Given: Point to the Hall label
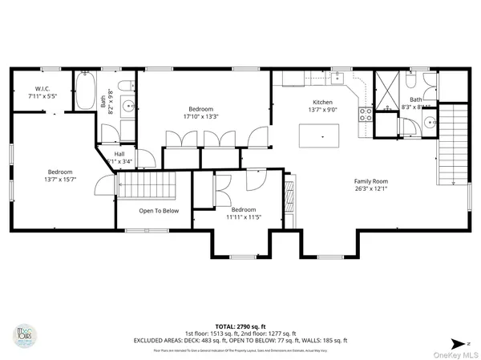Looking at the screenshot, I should click(119, 154).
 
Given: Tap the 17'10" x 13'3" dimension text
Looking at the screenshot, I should click(200, 115).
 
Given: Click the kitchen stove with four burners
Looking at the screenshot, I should click(365, 114).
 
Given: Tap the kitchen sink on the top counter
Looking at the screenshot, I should click(337, 78).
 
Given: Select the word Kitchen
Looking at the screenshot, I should click(322, 102).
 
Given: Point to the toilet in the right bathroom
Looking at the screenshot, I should click(410, 81).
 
